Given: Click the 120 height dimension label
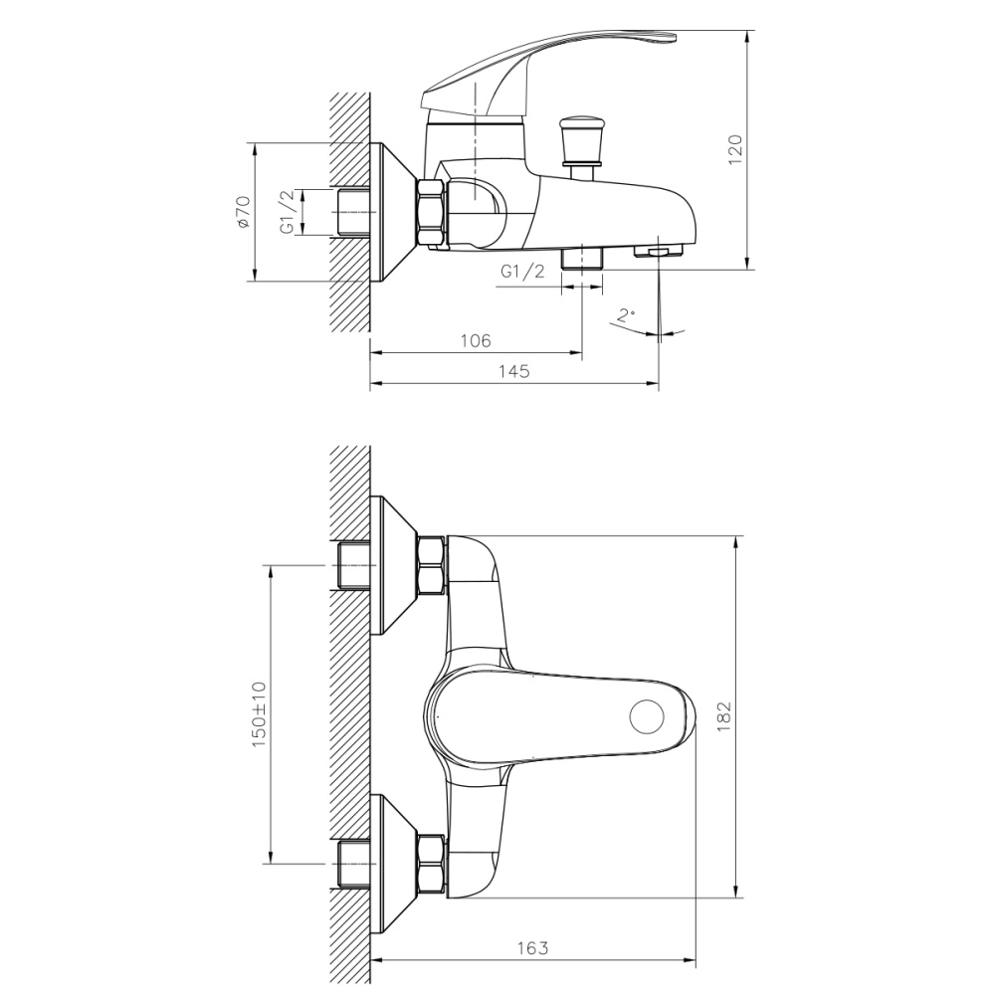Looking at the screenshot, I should (x=736, y=149).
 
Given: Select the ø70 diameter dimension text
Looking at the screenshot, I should (x=242, y=213).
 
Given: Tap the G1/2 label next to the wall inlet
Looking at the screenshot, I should (x=287, y=213).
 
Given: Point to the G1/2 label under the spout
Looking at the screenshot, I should (x=522, y=272).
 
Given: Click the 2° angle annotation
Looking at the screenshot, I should (x=625, y=315).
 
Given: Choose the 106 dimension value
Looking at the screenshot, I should (x=476, y=341).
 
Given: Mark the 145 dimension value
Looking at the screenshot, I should (x=513, y=371).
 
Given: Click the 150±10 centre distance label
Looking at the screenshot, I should (x=259, y=713).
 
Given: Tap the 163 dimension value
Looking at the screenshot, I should (x=532, y=948).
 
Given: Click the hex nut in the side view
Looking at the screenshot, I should (x=433, y=213).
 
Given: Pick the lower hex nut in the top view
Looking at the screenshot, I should (x=432, y=865).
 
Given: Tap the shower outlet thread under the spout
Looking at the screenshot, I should (x=583, y=260).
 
